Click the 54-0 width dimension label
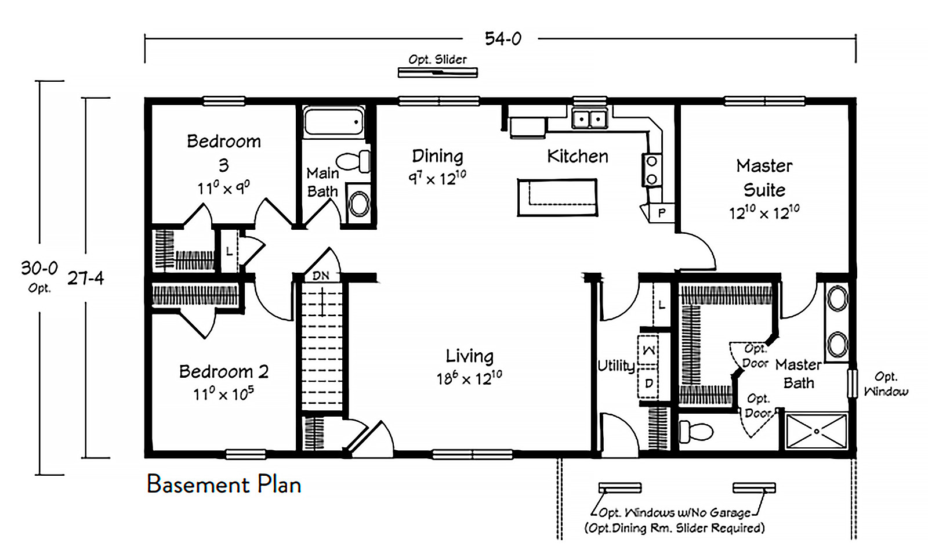(x=503, y=39)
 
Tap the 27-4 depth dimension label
(x=86, y=278)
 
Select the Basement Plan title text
(x=224, y=484)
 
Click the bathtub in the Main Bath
(x=334, y=121)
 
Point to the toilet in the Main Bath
(x=353, y=161)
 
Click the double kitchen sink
(x=589, y=120)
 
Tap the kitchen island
(x=557, y=197)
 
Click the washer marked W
(x=648, y=350)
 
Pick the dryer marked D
(x=648, y=384)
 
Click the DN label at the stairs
(x=321, y=276)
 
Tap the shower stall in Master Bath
(x=816, y=432)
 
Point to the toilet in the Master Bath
(x=696, y=432)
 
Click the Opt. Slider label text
(x=437, y=60)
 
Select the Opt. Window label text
(x=886, y=384)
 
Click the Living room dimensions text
(x=469, y=378)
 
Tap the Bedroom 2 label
(x=224, y=371)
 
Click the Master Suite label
(x=764, y=178)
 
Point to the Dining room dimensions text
(x=437, y=178)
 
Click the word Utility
(x=616, y=366)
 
